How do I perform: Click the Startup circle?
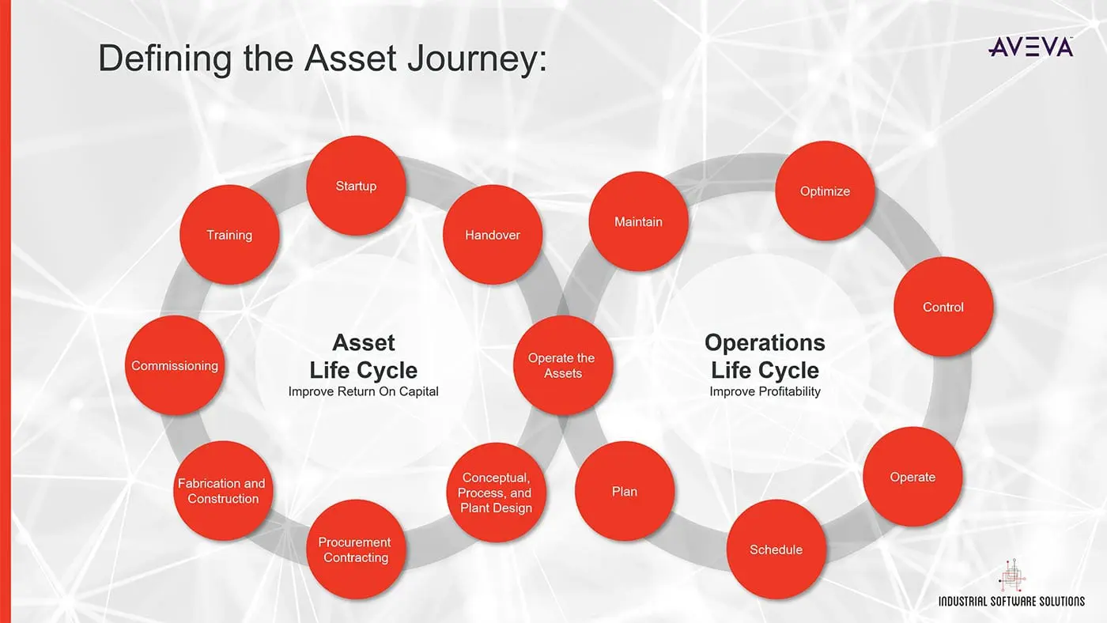(356, 186)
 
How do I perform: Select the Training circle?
(229, 235)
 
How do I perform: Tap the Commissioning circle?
(175, 365)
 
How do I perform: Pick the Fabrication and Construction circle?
(222, 491)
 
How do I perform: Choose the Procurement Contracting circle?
(356, 549)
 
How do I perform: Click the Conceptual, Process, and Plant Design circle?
(496, 493)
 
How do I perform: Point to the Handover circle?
(492, 235)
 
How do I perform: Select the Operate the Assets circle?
(563, 365)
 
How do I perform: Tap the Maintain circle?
(638, 221)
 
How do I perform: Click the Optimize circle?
(825, 191)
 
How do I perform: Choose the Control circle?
(943, 307)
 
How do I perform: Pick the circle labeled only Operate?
(912, 477)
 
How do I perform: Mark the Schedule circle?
(776, 549)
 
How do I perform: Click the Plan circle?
(625, 491)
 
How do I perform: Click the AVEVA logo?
(1031, 47)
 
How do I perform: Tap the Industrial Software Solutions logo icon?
(1011, 575)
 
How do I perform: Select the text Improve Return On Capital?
(363, 391)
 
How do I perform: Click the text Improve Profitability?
(765, 391)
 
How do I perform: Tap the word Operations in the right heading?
(765, 343)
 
